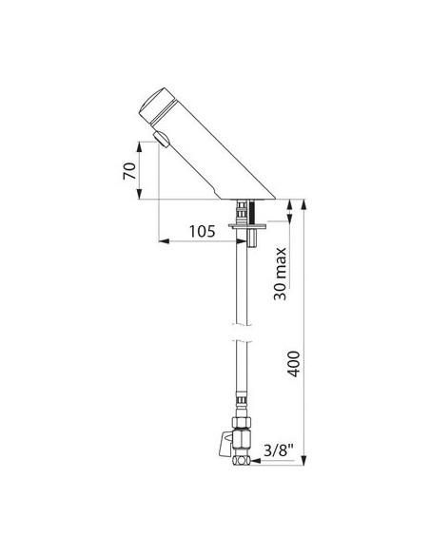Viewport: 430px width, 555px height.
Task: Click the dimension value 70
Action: pyautogui.click(x=129, y=171)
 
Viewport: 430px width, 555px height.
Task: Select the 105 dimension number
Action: pyautogui.click(x=186, y=231)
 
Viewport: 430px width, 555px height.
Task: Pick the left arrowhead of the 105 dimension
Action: pyautogui.click(x=162, y=241)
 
